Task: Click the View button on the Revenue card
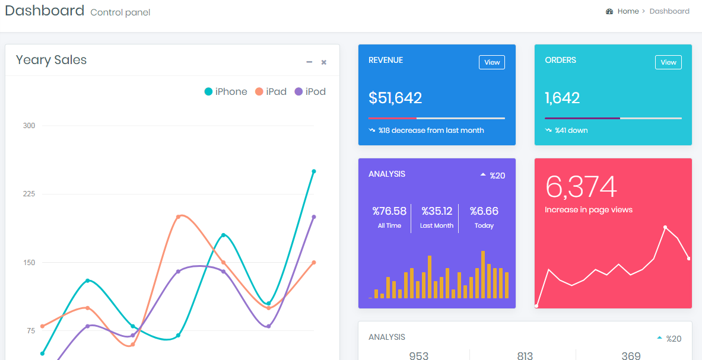tap(491, 62)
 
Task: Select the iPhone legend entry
tap(226, 91)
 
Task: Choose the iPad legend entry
tap(271, 91)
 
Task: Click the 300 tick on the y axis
tap(29, 126)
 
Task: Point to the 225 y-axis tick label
tap(29, 194)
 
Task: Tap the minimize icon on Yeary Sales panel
tap(309, 62)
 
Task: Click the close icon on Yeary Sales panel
tap(324, 62)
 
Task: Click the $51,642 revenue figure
tap(395, 98)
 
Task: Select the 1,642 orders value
tap(562, 98)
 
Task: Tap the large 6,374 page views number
tap(581, 187)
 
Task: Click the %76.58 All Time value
tap(389, 211)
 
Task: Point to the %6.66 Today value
tap(484, 211)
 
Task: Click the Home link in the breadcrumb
tap(628, 11)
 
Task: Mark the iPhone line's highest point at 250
tap(314, 171)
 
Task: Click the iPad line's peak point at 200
tap(178, 216)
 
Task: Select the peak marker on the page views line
tap(665, 227)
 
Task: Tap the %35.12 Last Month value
tap(437, 211)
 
